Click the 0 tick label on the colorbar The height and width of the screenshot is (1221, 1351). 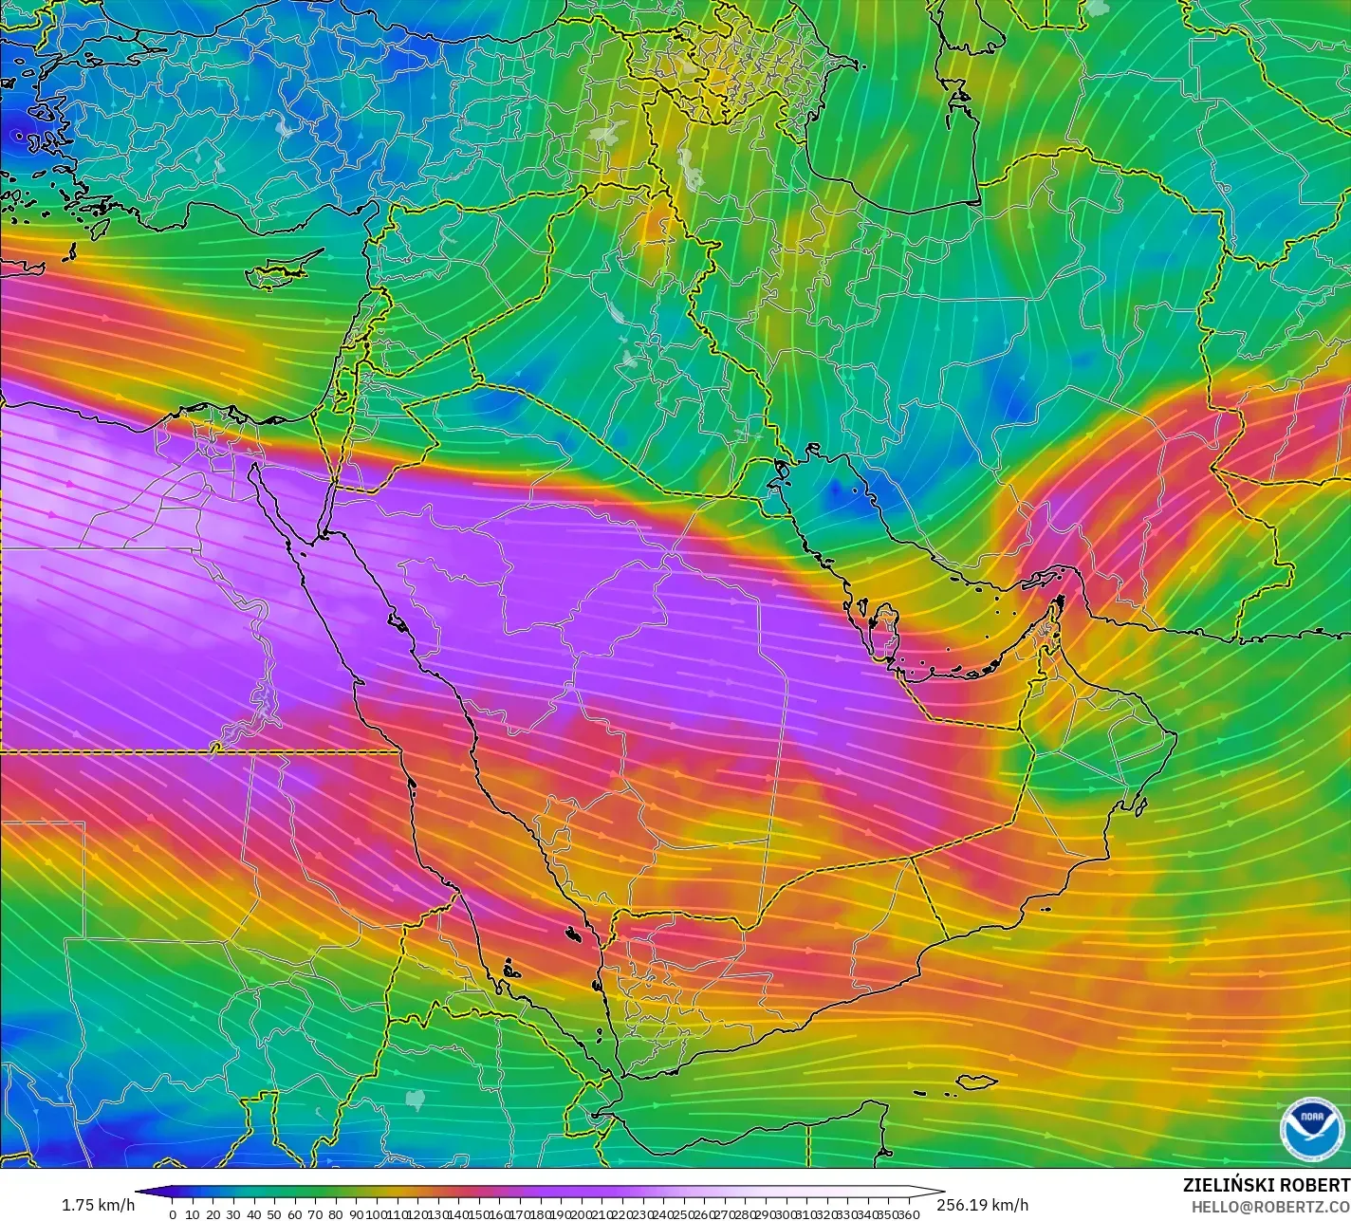point(172,1213)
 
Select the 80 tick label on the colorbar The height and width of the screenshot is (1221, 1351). point(336,1213)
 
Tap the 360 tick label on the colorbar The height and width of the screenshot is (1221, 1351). point(909,1213)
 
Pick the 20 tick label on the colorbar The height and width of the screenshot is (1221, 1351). point(213,1213)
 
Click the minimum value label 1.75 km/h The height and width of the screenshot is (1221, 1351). point(98,1205)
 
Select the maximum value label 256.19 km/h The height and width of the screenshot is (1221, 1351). point(982,1205)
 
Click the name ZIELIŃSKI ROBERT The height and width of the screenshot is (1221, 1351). point(1266,1185)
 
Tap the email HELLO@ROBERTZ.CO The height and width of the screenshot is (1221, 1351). point(1271,1206)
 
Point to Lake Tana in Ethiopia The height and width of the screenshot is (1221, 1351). point(416,1099)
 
